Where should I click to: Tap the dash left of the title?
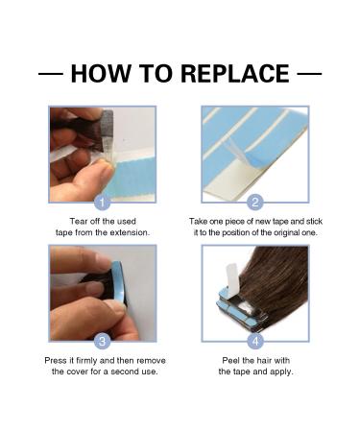click(x=50, y=74)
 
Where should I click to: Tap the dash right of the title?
click(x=309, y=74)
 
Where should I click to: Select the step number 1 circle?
click(x=103, y=203)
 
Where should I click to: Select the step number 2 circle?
click(x=255, y=203)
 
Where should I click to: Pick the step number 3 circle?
click(x=103, y=341)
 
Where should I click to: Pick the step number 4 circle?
click(x=255, y=341)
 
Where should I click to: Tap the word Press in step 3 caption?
click(x=60, y=359)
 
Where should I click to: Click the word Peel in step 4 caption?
click(x=227, y=359)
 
